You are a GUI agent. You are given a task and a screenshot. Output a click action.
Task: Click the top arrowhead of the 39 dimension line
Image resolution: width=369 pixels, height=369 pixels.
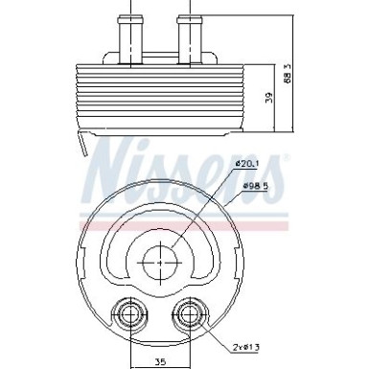click(275, 63)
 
